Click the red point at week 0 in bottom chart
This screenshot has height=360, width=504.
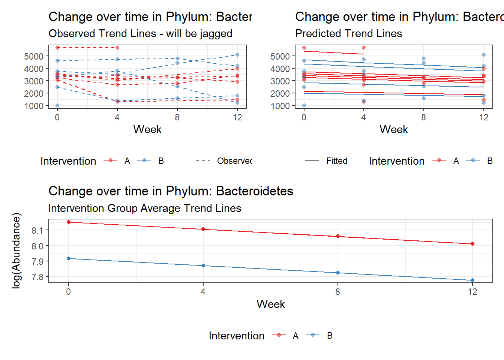click(x=69, y=222)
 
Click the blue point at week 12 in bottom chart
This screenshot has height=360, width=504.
click(x=472, y=280)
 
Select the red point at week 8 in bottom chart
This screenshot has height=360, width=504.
click(x=338, y=236)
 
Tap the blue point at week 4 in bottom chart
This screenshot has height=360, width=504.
click(x=203, y=265)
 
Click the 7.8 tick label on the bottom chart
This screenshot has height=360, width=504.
click(x=37, y=277)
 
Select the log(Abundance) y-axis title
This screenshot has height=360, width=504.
click(x=16, y=250)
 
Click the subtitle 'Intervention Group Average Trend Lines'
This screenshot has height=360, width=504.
click(x=145, y=208)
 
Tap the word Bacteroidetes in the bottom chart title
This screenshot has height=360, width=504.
click(x=255, y=191)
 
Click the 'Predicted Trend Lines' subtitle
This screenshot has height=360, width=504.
click(x=348, y=33)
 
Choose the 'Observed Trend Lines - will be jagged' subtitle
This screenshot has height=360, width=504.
click(x=140, y=33)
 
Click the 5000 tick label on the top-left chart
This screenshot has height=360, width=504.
click(x=34, y=56)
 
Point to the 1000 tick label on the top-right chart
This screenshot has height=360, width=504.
click(x=280, y=106)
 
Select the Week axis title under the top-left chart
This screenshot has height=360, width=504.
click(x=147, y=129)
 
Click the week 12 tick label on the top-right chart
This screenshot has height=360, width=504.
click(x=484, y=117)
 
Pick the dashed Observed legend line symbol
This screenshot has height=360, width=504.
click(x=203, y=160)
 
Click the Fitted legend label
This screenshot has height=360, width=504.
click(x=336, y=161)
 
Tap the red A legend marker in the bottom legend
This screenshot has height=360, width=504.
click(x=279, y=335)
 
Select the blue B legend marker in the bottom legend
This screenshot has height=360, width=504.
click(x=313, y=335)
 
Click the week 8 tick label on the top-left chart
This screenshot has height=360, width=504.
click(x=177, y=117)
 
